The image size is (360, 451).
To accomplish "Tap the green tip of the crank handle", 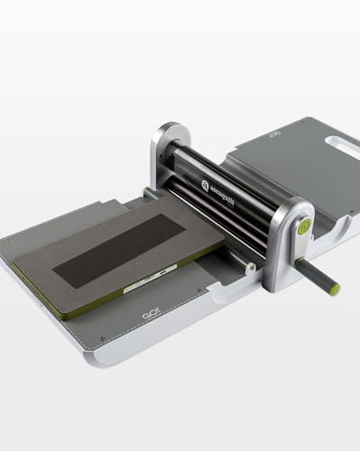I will coord(335,290).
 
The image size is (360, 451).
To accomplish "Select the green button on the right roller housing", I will coord(304,229).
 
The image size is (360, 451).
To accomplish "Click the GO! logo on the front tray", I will coord(149,317).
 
